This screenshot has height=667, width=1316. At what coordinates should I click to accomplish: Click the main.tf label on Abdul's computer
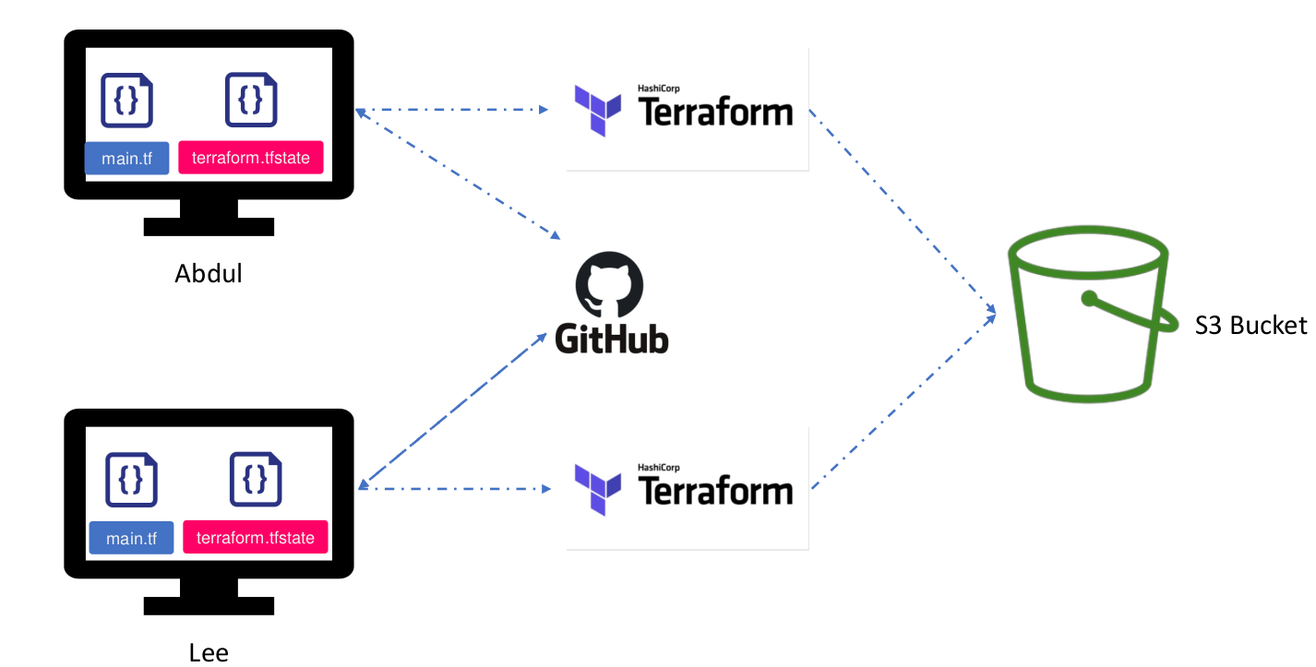[126, 158]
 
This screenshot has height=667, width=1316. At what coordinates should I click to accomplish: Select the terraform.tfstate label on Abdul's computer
[252, 158]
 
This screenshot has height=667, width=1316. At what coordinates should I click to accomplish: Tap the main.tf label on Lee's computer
[131, 538]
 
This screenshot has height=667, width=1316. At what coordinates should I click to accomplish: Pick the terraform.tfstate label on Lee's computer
[256, 538]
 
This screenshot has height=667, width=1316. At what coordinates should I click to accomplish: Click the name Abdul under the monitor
[209, 274]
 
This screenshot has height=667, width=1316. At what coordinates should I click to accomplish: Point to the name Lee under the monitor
[209, 653]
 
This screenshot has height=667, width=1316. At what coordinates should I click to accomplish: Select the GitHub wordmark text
[612, 339]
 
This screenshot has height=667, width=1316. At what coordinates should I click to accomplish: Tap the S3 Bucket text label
[1250, 325]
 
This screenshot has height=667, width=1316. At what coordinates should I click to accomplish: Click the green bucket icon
[1089, 314]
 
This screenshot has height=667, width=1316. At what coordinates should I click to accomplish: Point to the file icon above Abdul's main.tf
[126, 100]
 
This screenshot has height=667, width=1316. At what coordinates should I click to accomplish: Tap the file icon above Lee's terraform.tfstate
[256, 479]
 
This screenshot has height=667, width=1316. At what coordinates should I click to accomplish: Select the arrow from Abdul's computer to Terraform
[452, 110]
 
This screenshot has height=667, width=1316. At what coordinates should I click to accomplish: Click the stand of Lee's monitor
[209, 595]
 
